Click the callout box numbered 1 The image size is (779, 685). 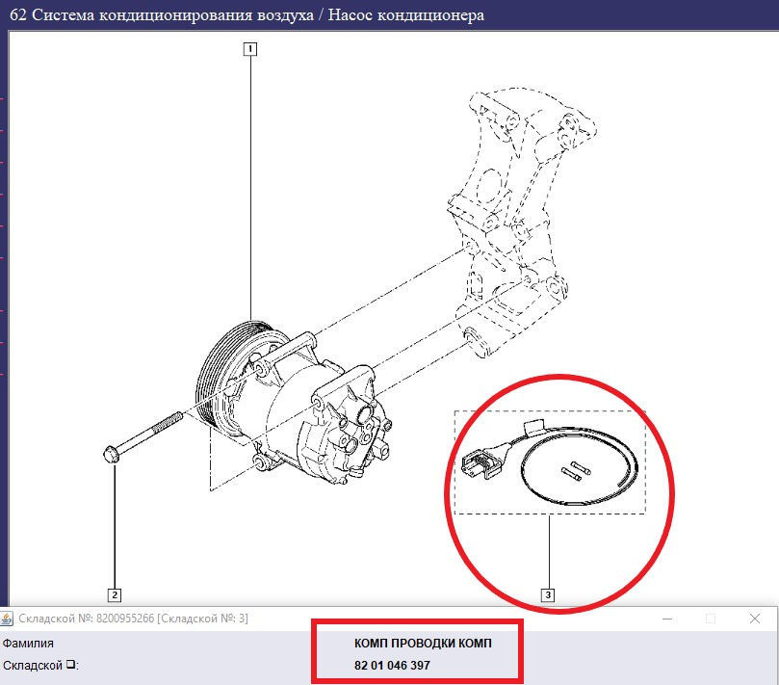tap(250, 49)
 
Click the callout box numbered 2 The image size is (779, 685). tap(115, 595)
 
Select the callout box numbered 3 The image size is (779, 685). tap(548, 595)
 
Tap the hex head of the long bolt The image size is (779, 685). tap(111, 455)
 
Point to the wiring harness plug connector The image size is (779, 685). tap(480, 462)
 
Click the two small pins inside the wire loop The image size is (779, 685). tap(576, 470)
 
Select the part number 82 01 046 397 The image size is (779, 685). tap(392, 665)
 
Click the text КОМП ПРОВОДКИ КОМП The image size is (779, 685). tap(423, 644)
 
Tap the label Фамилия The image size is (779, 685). tap(28, 644)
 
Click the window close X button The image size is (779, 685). tap(755, 619)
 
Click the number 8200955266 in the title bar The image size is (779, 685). tap(125, 619)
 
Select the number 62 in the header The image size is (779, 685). tap(18, 14)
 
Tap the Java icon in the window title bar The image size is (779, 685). tap(7, 619)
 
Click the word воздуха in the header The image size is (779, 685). tap(285, 15)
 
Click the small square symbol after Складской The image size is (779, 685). tap(71, 664)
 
